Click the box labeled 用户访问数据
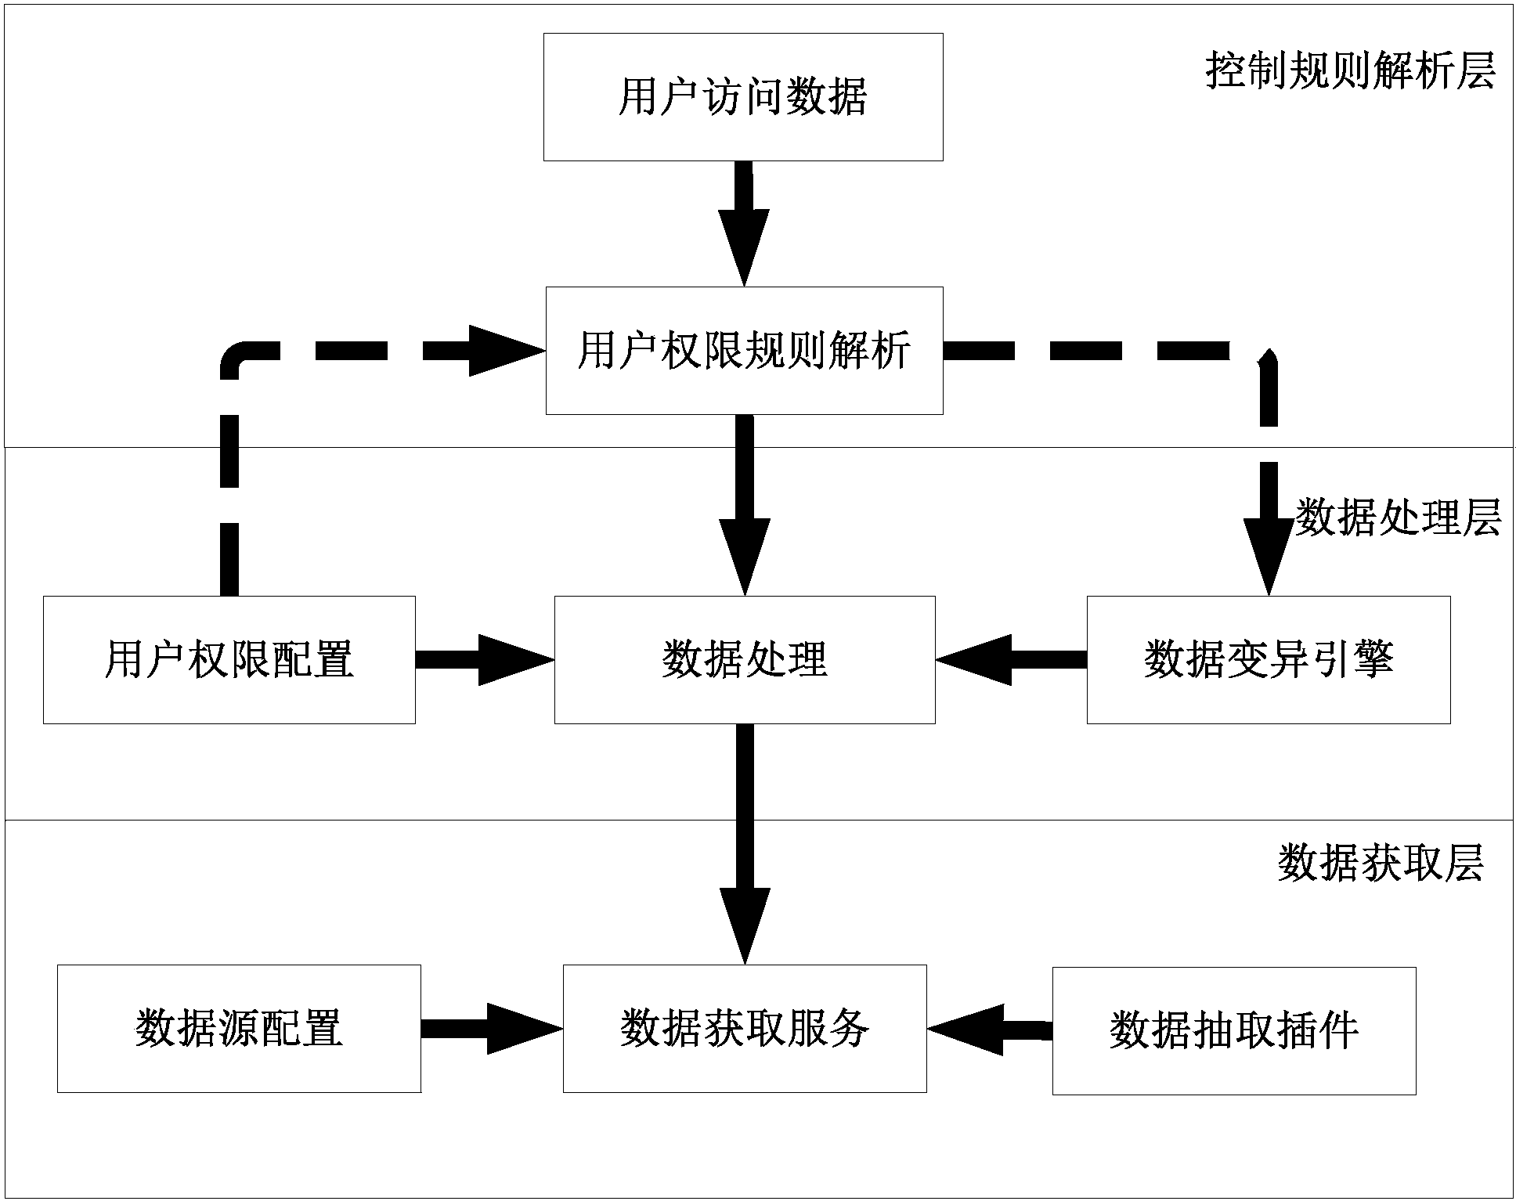743,97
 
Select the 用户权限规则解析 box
744,350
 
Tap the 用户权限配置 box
229,659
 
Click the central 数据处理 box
744,659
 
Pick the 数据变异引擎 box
1268,659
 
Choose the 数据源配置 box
239,1028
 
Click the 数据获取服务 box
744,1028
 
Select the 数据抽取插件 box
1233,1030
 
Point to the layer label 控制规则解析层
1350,72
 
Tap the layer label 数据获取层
1381,864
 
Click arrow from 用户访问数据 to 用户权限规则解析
744,223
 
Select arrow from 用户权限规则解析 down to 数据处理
744,505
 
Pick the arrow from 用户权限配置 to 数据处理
484,659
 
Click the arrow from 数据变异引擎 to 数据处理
1011,659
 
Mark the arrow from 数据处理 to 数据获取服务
745,844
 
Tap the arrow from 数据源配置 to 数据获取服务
492,1028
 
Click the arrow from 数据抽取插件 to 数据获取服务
989,1029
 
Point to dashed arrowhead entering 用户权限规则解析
505,351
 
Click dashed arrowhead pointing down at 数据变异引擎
1268,555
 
